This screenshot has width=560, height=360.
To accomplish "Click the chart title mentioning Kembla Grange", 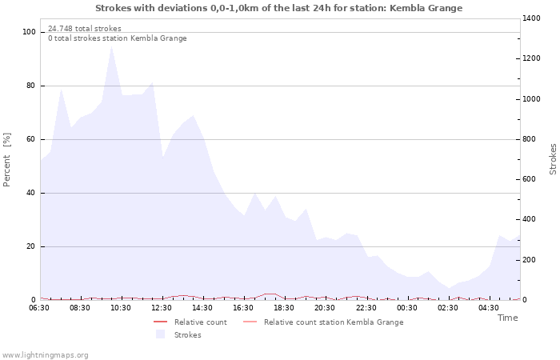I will [x=278, y=8].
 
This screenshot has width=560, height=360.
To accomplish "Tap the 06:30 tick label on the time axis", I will [x=39, y=307].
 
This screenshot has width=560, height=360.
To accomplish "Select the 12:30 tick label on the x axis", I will [x=162, y=307].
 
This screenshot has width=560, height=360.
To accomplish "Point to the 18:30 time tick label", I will [x=284, y=307].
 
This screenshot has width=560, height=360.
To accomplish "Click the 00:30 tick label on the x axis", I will [x=406, y=307].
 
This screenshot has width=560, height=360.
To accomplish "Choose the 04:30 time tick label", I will [x=488, y=307].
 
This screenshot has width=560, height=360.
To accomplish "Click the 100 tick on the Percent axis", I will [x=29, y=32].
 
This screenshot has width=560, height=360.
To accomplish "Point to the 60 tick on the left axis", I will [x=31, y=139].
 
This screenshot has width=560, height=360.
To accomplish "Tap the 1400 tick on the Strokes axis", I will [x=530, y=18].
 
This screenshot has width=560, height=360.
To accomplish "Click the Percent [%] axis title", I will [x=7, y=159].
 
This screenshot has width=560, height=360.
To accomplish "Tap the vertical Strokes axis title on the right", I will [x=553, y=159].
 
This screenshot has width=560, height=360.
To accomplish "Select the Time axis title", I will [x=507, y=318].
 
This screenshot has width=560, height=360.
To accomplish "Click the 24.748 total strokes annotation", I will [x=85, y=28].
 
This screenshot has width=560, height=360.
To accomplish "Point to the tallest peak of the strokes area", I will [x=111, y=46].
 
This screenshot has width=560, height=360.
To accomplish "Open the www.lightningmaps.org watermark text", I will [x=46, y=354].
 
